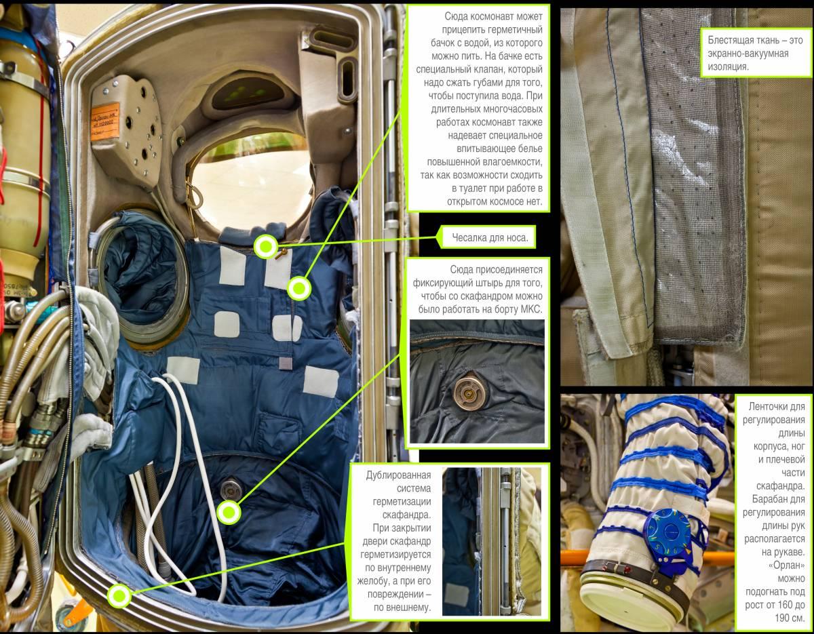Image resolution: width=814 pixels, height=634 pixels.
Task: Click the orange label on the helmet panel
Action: tap(104, 121)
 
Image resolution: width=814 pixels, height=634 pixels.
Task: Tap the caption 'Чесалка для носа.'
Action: tap(490, 237)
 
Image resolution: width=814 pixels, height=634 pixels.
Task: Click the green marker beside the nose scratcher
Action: tap(266, 247)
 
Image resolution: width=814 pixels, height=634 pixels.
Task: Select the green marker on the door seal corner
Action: tap(119, 596)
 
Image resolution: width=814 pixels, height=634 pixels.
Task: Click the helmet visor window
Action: tap(252, 184)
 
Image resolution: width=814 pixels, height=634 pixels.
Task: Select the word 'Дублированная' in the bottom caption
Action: tap(398, 475)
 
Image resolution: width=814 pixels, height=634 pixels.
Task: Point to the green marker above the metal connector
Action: tap(229, 513)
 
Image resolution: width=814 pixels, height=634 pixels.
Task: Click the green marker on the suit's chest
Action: tap(299, 288)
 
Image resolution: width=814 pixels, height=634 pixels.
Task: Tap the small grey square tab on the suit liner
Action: tap(285, 362)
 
